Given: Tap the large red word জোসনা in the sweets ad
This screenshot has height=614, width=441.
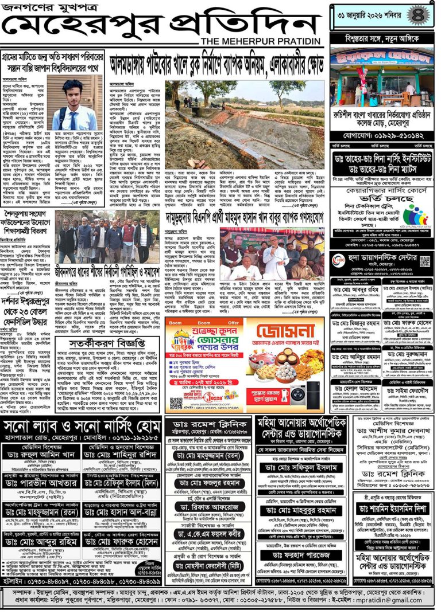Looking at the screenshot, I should (x=284, y=334).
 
